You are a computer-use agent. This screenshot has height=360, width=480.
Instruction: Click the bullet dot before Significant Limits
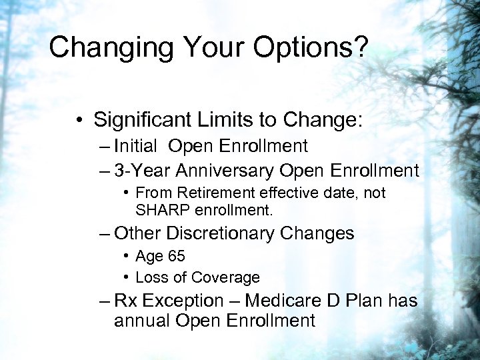(x=79, y=121)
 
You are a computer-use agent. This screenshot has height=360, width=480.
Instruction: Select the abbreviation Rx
(x=125, y=301)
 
